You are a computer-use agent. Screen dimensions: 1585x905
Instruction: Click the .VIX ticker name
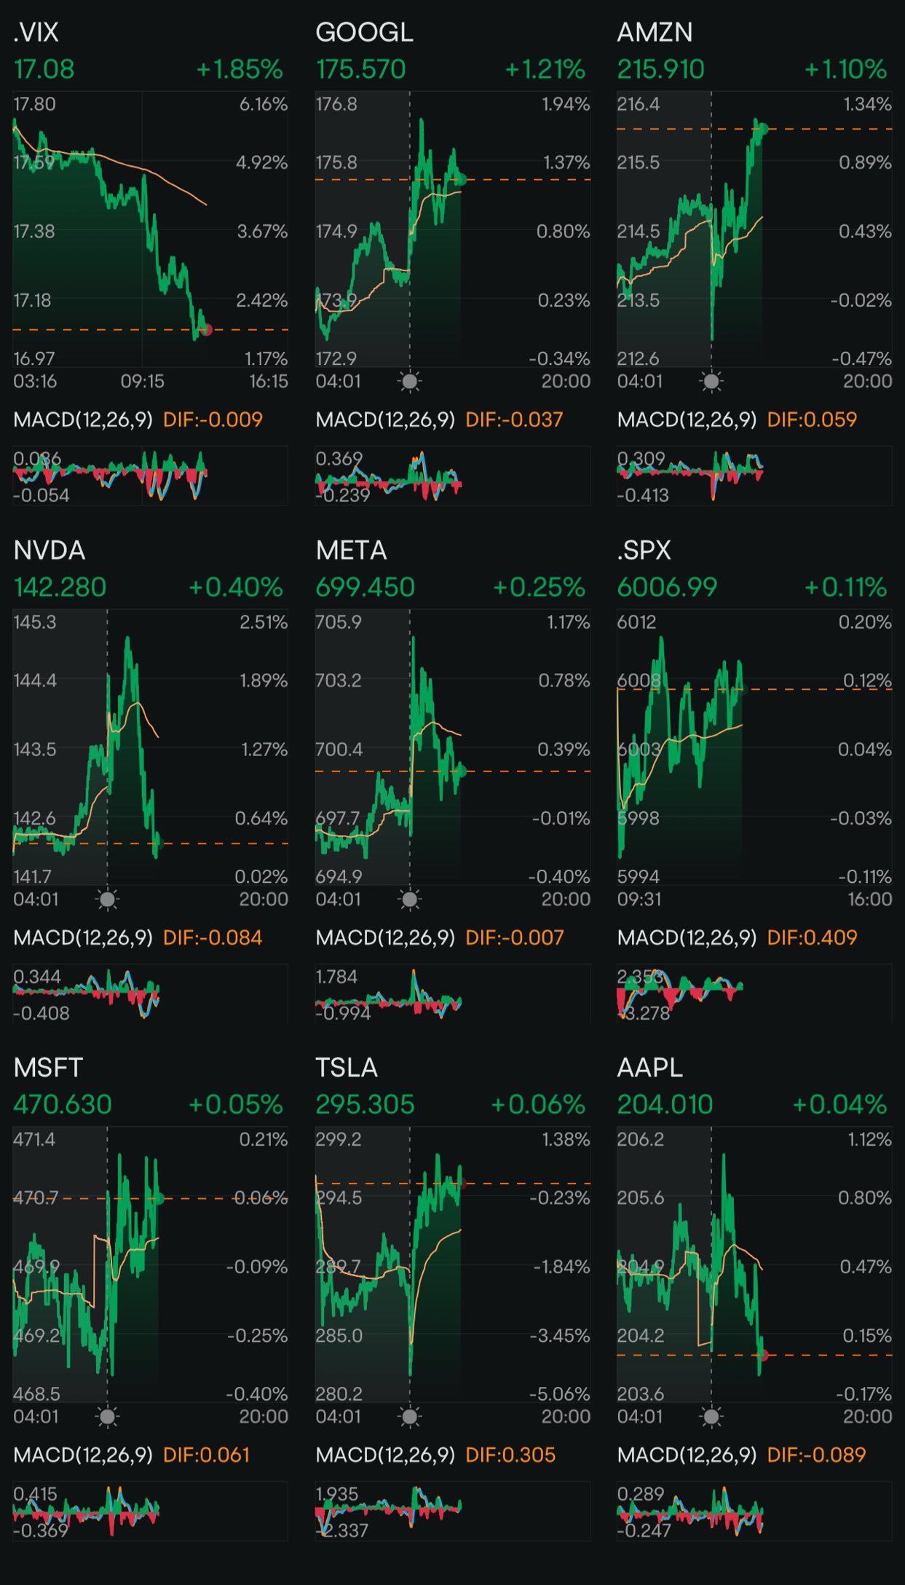point(36,33)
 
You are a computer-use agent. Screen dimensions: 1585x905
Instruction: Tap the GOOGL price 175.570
point(360,70)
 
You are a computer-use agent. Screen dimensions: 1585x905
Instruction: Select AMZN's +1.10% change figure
point(845,70)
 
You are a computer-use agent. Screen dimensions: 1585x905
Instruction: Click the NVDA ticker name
point(50,551)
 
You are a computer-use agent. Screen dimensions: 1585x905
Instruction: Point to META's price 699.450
point(365,587)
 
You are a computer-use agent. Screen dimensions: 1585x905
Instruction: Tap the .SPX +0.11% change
point(845,587)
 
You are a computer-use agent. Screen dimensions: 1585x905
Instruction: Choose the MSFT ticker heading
point(48,1068)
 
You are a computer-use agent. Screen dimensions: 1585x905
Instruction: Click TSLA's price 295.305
point(365,1104)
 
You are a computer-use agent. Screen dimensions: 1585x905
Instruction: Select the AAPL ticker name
point(649,1068)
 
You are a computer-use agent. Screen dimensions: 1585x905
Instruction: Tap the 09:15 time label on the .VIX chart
point(142,382)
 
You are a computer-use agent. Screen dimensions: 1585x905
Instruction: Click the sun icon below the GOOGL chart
point(410,381)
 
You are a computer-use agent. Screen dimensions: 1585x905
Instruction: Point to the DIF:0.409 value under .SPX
point(812,937)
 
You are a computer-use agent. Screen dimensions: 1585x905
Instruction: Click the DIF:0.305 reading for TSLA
point(510,1455)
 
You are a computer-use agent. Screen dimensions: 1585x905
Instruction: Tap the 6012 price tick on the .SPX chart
point(637,622)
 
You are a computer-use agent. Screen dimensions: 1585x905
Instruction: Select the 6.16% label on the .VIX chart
point(264,104)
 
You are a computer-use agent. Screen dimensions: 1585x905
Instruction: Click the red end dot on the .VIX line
point(207,330)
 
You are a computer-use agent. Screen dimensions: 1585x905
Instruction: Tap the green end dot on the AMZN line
point(763,130)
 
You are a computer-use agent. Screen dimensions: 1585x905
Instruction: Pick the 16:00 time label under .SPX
point(869,900)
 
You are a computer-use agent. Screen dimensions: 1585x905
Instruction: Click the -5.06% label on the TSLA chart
point(559,1393)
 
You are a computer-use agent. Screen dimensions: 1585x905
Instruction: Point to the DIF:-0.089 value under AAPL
point(816,1455)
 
